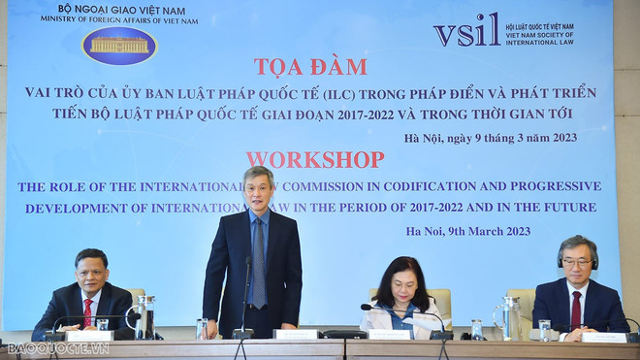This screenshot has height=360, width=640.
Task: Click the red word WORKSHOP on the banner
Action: tap(314, 159)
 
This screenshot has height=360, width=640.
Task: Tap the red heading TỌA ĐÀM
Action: tap(310, 67)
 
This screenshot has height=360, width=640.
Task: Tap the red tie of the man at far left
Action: tap(87, 311)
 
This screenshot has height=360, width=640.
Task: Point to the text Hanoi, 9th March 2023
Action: tap(468, 231)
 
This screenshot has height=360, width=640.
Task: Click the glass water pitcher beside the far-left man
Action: tap(145, 316)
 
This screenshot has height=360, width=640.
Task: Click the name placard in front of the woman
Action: tap(390, 334)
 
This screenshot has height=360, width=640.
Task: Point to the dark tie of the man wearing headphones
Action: tap(575, 309)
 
